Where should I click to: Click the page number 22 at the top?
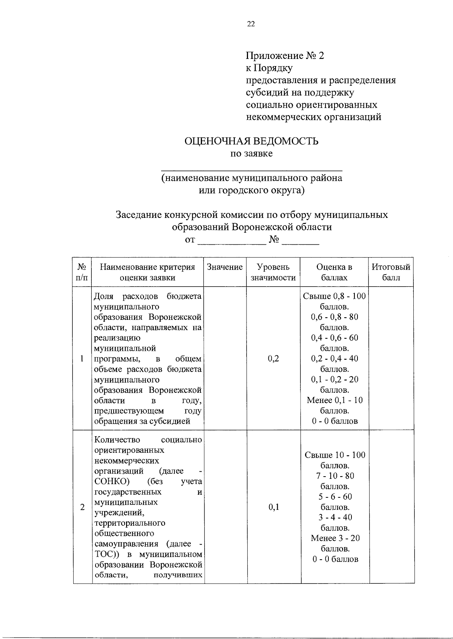point(251,24)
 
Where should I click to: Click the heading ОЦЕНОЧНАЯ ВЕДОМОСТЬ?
point(251,141)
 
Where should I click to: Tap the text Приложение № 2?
point(285,56)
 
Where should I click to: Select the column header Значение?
point(225,267)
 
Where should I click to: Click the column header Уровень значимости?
point(273,272)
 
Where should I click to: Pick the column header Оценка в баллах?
point(334,272)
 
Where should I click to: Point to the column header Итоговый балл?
point(391,272)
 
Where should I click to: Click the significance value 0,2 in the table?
point(273,358)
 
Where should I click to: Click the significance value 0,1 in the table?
point(274,507)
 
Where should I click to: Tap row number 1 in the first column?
point(82,358)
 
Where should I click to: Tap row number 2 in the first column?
point(82,507)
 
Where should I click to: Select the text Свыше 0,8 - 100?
point(334,296)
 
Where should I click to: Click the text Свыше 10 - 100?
point(335,455)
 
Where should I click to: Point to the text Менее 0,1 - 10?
point(334,400)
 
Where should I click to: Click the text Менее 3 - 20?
point(335,538)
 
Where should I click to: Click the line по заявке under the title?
point(251,154)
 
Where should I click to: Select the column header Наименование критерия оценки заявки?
point(147,272)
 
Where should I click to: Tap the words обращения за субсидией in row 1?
point(142,421)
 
